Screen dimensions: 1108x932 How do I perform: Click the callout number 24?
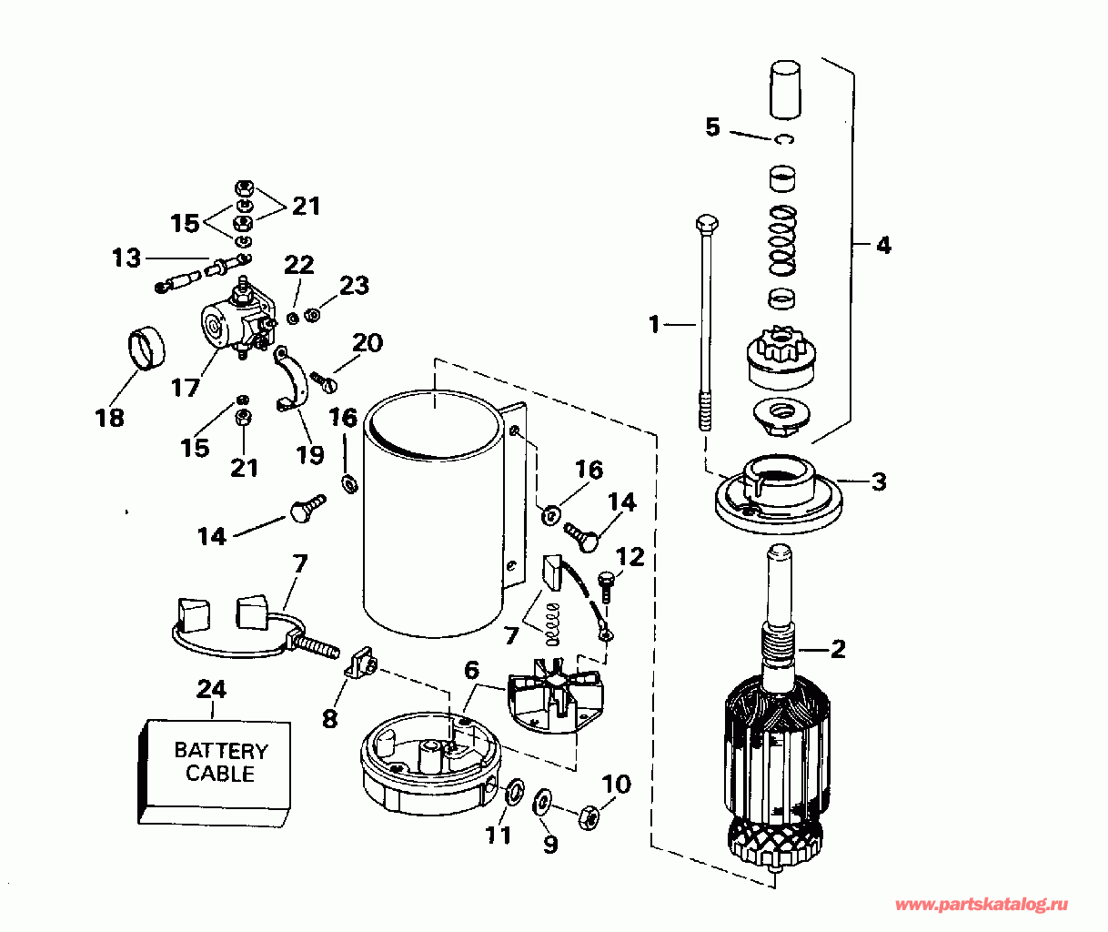[211, 689]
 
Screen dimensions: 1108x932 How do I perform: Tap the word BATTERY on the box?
[221, 750]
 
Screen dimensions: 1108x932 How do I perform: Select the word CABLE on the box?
[220, 774]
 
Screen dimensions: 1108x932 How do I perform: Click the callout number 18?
[110, 418]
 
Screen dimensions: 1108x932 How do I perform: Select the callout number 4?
[883, 246]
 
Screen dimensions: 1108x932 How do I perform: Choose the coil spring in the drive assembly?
[782, 240]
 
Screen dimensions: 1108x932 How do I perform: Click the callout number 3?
[880, 481]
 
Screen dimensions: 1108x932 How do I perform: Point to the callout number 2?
[838, 648]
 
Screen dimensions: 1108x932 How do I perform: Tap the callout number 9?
[551, 844]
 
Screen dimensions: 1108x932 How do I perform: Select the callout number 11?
[499, 835]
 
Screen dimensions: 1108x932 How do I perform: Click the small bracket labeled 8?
[361, 663]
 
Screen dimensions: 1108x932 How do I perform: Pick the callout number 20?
[368, 343]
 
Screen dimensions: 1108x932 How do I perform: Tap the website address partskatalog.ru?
[982, 905]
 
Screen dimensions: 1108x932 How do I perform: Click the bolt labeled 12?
[606, 585]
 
